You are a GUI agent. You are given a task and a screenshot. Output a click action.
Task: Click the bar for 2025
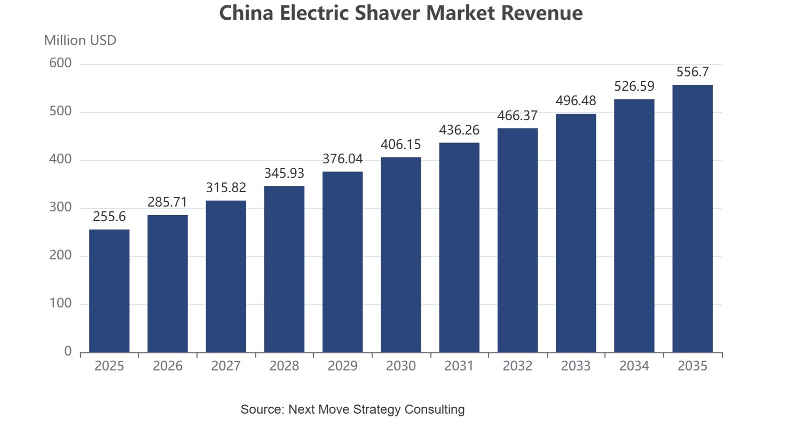(109, 291)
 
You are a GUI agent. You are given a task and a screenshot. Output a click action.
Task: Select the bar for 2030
(401, 255)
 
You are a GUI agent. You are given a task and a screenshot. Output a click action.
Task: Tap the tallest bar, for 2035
(693, 219)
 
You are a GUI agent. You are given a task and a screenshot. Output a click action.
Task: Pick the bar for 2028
(284, 270)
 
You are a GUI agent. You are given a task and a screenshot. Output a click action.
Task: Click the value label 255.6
(109, 217)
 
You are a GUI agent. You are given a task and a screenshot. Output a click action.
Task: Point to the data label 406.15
(400, 145)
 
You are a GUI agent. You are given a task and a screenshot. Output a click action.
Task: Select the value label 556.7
(693, 72)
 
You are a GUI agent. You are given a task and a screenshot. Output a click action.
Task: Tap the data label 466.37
(517, 116)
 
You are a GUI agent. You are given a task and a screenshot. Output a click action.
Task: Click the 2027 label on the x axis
(226, 366)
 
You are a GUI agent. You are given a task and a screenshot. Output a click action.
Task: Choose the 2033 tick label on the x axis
(576, 366)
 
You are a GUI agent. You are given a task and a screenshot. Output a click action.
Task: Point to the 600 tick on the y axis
(60, 64)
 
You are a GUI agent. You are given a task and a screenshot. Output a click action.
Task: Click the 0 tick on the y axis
(68, 352)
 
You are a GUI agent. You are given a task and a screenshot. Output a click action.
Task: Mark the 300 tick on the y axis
(60, 208)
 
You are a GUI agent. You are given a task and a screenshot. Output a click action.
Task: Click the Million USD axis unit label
(80, 41)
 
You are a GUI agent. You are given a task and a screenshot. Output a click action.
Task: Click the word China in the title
(246, 13)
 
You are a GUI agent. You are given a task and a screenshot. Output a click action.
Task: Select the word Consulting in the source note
(435, 409)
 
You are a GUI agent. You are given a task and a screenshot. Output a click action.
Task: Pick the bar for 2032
(517, 241)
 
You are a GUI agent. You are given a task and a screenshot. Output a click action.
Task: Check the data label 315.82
(226, 188)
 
